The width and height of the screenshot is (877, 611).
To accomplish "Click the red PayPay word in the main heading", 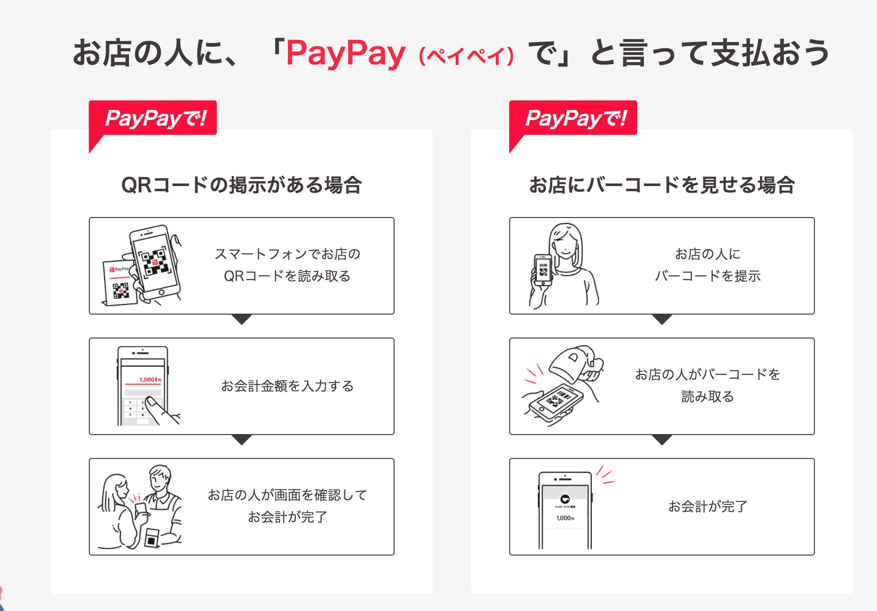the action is click(346, 54).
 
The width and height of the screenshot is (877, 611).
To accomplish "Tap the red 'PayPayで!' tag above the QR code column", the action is click(153, 118).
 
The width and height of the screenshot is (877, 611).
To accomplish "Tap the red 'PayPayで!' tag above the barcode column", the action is click(573, 118).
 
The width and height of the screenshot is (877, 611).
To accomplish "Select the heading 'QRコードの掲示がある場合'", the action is click(242, 185).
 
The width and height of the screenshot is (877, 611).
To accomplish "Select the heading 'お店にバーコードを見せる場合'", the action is click(662, 185).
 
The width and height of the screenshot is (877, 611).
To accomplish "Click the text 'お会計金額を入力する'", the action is click(288, 386).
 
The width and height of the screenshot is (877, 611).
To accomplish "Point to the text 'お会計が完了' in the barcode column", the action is click(708, 506).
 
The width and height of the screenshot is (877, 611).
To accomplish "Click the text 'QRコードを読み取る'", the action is click(288, 276).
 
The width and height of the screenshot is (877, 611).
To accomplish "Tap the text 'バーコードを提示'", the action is click(708, 276).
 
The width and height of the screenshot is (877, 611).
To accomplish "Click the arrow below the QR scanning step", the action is click(242, 319).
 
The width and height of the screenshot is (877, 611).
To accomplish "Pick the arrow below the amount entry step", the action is click(242, 439).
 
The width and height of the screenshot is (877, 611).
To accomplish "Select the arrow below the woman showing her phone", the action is click(662, 319).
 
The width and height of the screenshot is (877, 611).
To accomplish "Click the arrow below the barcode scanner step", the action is click(662, 439).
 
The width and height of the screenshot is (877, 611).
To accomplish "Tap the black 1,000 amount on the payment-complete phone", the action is click(565, 518).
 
